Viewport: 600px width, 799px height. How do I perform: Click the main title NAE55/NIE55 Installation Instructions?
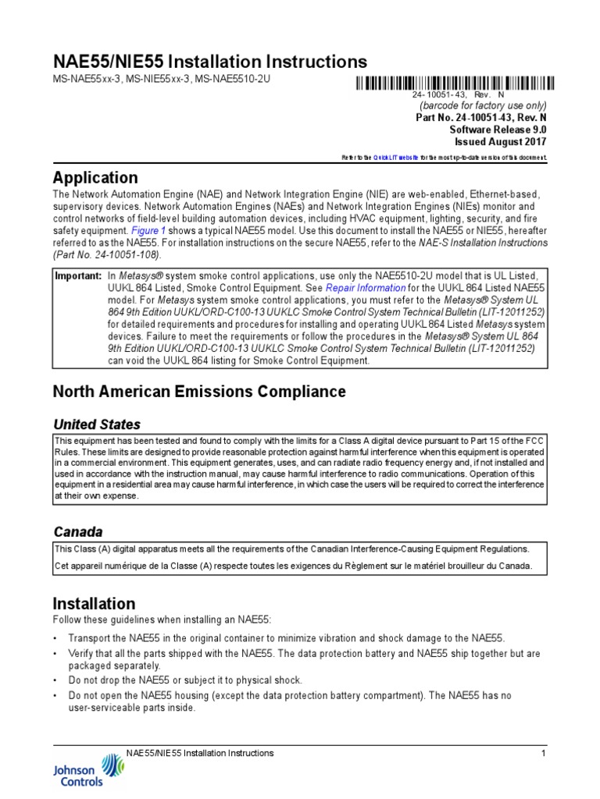click(x=209, y=62)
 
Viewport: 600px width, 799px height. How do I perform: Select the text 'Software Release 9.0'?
click(x=498, y=130)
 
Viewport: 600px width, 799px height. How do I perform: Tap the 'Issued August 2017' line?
click(x=501, y=142)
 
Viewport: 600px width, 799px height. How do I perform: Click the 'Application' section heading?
click(x=95, y=177)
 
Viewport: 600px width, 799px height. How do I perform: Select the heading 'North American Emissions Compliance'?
click(x=198, y=391)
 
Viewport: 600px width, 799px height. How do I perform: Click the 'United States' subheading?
click(x=97, y=424)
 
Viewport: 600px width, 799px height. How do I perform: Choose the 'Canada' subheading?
click(x=77, y=531)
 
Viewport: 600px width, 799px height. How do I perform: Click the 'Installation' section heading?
click(x=94, y=603)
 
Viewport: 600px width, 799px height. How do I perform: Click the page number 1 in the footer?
click(x=541, y=753)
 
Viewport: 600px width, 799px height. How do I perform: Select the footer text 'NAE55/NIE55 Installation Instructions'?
click(x=200, y=753)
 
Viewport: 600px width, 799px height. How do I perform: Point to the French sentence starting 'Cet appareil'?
click(x=293, y=566)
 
